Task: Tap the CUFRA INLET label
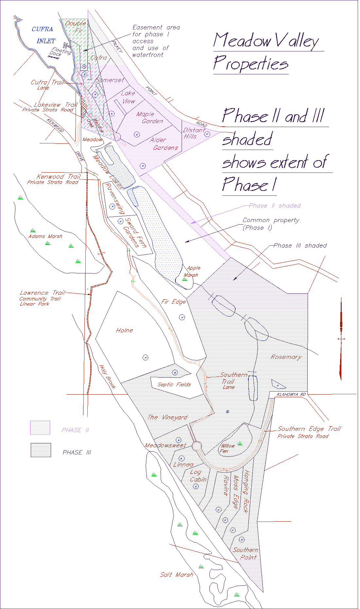pos(44,35)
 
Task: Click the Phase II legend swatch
pos(40,428)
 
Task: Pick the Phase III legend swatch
pos(41,450)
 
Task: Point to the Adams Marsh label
pos(45,236)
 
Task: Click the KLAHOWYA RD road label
pos(291,394)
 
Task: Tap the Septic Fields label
pos(174,384)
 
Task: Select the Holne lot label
pos(124,330)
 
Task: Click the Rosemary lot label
pos(286,357)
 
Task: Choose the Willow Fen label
pos(227,448)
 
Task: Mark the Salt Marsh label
pos(176,574)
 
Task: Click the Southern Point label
pos(245,553)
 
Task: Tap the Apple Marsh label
pos(192,271)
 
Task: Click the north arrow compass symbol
pos(341,339)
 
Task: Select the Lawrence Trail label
pos(42,293)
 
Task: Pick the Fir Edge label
pos(173,302)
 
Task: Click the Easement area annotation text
pos(156,41)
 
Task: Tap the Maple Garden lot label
pos(149,118)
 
